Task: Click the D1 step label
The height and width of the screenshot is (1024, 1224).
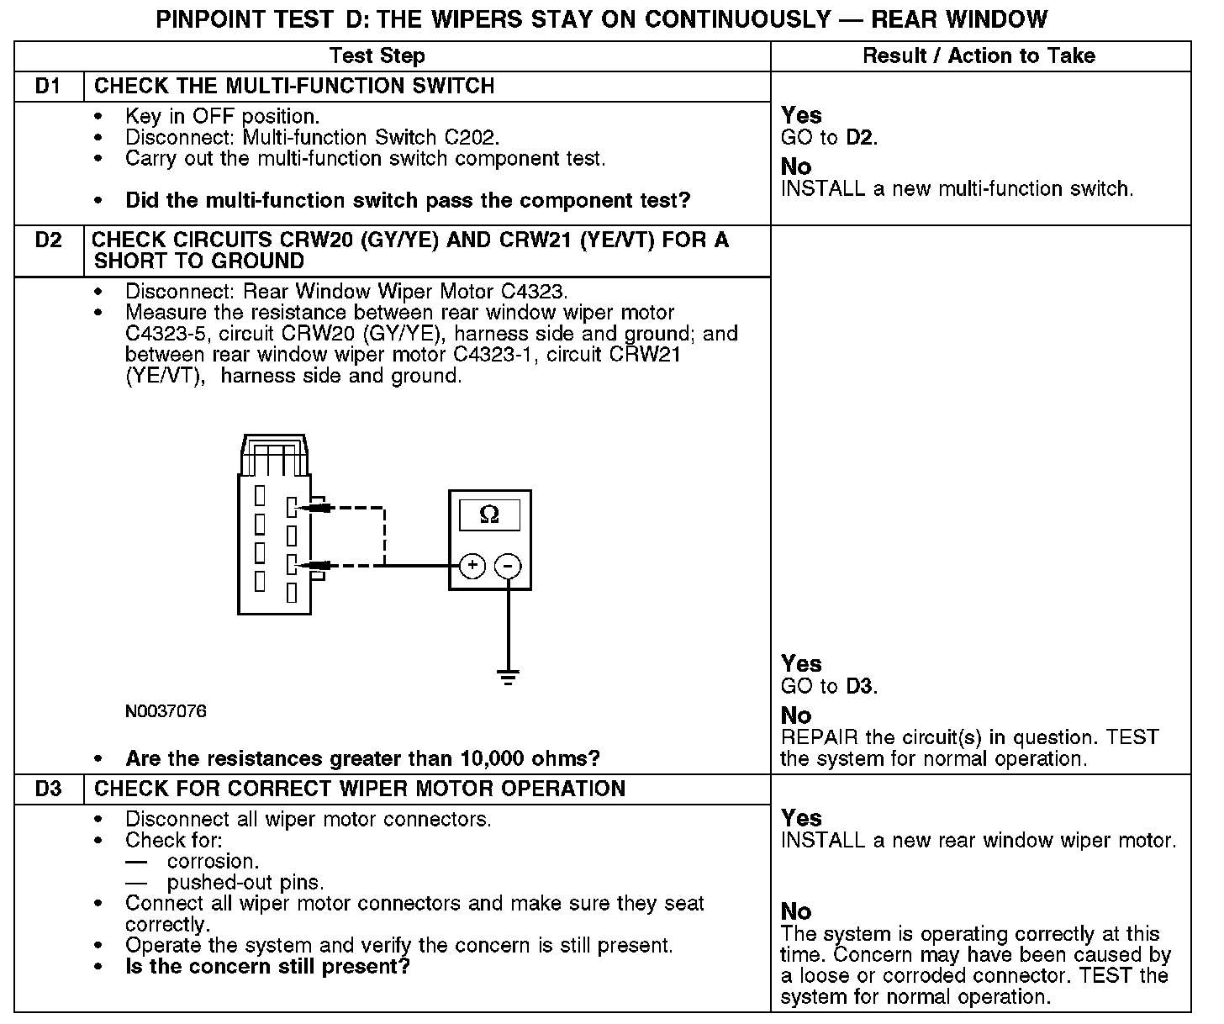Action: tap(49, 87)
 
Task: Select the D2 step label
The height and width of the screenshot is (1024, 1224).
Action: tap(49, 240)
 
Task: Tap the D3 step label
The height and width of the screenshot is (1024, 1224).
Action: tap(49, 789)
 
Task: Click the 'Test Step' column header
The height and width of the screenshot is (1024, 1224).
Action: tap(377, 56)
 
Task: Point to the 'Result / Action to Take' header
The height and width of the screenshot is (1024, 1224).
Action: tap(979, 56)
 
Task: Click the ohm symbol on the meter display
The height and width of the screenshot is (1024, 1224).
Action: tap(488, 515)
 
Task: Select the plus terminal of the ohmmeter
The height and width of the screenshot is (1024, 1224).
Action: tap(472, 566)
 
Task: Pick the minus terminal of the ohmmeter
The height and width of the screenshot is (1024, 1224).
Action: tap(507, 566)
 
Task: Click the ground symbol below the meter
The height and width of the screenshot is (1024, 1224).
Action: tap(507, 676)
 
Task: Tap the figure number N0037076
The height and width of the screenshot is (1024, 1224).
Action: tap(166, 712)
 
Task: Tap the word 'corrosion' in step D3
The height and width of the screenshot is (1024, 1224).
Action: tap(212, 862)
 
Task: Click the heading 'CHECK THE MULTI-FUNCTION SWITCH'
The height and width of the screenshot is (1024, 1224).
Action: tap(294, 87)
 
